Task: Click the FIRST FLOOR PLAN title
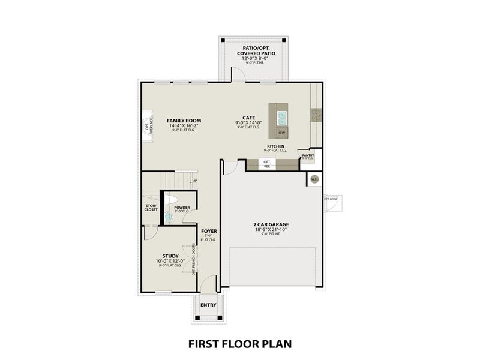[x=239, y=344]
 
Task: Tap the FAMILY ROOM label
[x=184, y=121]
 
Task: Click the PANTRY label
[x=308, y=155]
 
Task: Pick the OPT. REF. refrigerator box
[x=267, y=164]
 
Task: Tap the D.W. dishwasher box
[x=282, y=133]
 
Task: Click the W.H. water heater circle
[x=314, y=179]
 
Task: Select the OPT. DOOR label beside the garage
[x=331, y=199]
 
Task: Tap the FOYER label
[x=209, y=230]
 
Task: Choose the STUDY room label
[x=170, y=256]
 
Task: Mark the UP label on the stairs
[x=194, y=181]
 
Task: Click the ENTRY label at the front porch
[x=208, y=305]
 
